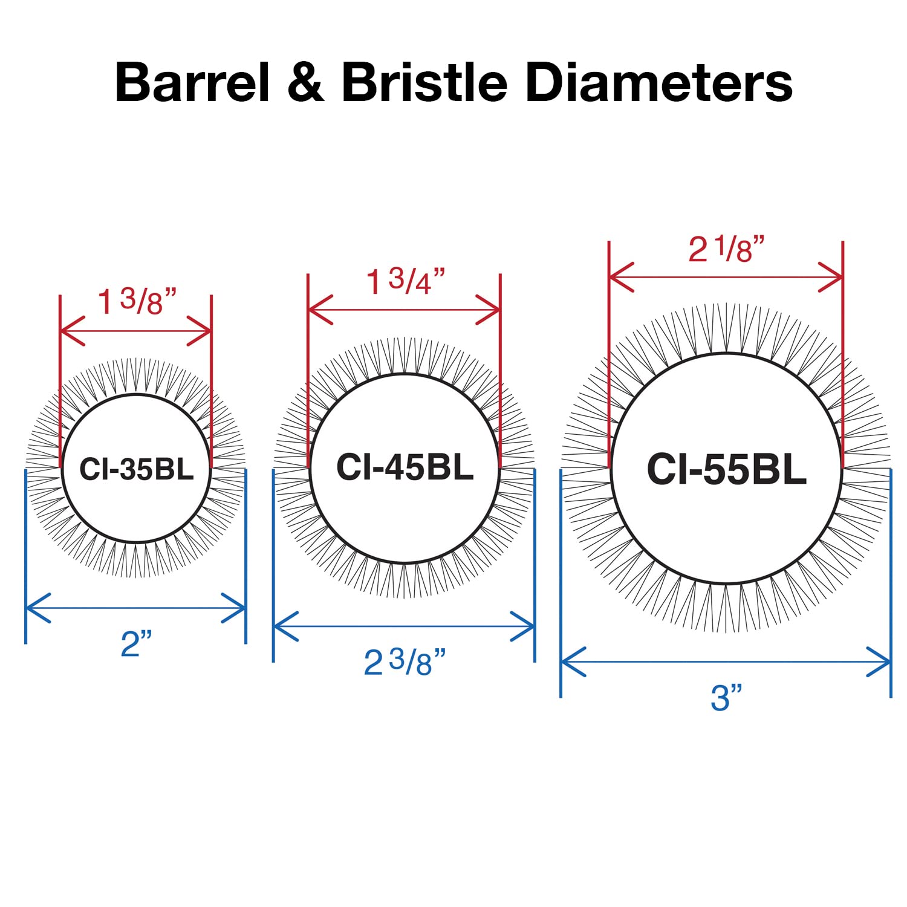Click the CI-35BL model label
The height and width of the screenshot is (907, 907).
point(136,469)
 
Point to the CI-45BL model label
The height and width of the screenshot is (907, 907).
point(405,467)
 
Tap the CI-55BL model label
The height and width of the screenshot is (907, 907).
point(726,469)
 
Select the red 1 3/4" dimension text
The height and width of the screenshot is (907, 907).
point(406,281)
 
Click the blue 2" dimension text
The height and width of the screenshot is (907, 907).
point(135,643)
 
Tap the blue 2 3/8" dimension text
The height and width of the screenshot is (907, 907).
point(405,662)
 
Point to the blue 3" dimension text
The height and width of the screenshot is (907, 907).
point(726,698)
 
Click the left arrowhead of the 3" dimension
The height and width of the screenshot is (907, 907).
point(572,662)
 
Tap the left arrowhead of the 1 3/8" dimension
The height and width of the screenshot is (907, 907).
point(71,331)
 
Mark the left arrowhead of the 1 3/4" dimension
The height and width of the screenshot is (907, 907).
point(319,310)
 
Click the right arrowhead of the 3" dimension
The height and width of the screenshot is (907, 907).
point(880,662)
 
